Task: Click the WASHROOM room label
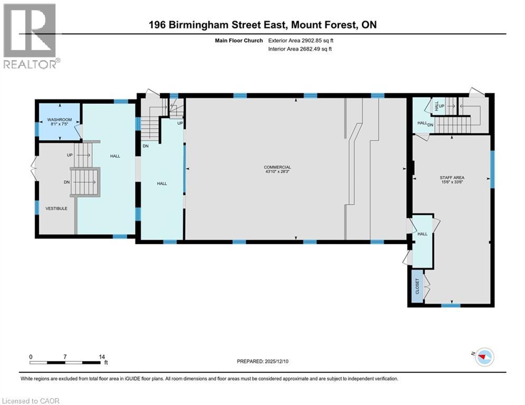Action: tap(60, 120)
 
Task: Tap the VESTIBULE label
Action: tap(56, 208)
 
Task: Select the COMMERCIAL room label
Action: tap(277, 167)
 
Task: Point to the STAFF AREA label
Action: tap(452, 178)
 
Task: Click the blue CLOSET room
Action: tap(417, 286)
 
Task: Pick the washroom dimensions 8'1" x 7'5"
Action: tap(60, 124)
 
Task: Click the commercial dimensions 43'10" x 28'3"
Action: tap(277, 171)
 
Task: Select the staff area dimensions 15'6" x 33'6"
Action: tap(452, 182)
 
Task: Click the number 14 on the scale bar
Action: tap(102, 357)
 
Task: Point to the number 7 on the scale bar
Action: tap(65, 357)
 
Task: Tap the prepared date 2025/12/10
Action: tap(276, 361)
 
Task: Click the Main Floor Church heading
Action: tap(238, 41)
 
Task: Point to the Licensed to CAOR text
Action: tap(31, 401)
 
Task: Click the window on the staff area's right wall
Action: tap(492, 169)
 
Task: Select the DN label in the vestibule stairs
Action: tap(67, 182)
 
